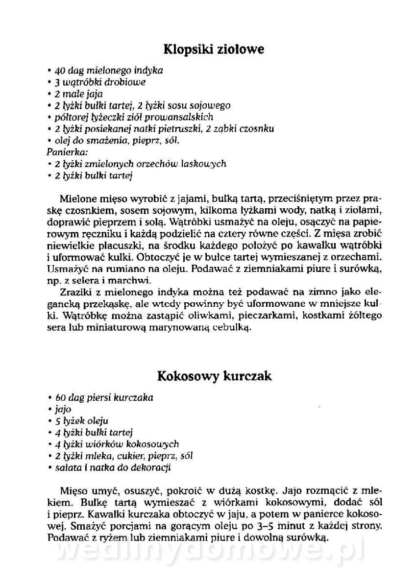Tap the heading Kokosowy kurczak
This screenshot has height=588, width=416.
(x=215, y=376)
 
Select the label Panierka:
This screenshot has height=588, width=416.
(x=66, y=152)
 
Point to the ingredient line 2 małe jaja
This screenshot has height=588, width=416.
(x=78, y=94)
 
